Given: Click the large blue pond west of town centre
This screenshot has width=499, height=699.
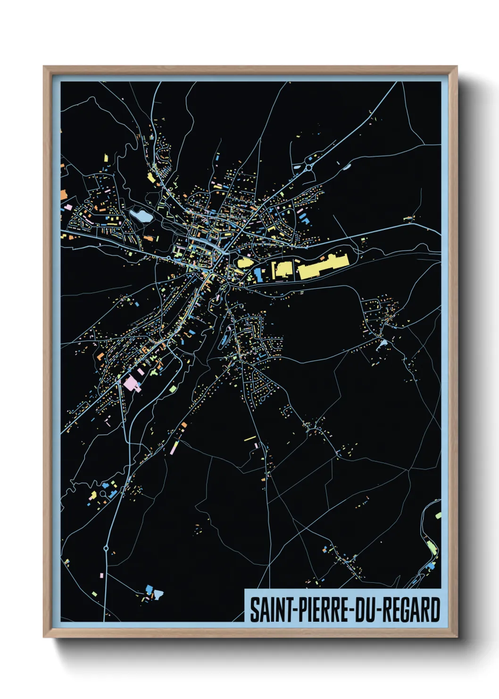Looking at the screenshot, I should click(141, 216).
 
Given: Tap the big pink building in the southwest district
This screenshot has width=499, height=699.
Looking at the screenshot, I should click(131, 383).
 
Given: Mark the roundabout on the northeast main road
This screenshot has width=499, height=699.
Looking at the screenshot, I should click(309, 167).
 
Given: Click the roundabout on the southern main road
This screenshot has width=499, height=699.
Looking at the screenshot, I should click(107, 548).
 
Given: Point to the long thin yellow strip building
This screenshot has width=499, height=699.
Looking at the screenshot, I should click(249, 438).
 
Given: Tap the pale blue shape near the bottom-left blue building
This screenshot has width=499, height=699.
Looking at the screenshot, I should click(158, 594).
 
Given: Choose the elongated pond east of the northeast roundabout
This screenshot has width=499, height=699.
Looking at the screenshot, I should click(347, 166).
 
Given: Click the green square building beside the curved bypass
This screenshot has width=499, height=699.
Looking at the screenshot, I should click(173, 389).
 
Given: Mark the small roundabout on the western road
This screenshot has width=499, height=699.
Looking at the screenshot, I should click(169, 258).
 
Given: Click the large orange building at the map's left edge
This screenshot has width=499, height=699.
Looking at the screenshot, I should click(63, 194).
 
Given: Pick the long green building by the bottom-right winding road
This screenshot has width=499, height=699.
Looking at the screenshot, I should click(432, 547).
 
